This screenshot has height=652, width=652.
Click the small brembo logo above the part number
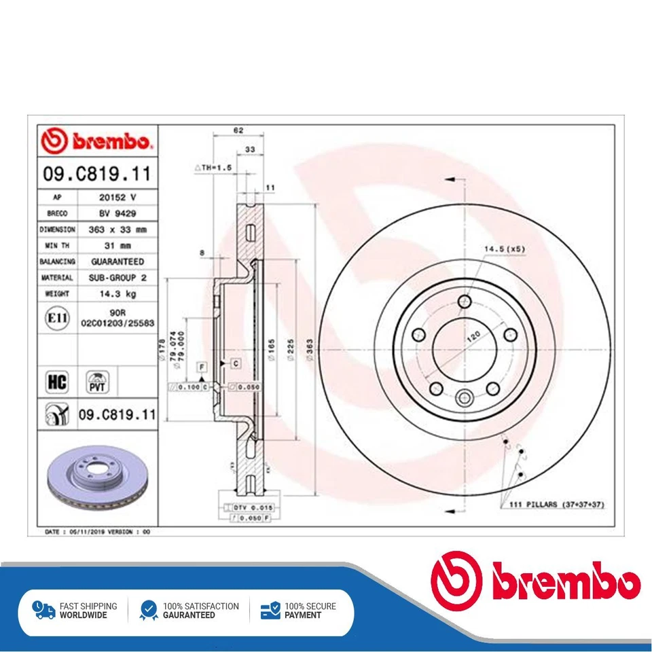[96, 141]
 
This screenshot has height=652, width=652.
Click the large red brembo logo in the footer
[536, 583]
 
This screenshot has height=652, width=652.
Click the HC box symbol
[56, 382]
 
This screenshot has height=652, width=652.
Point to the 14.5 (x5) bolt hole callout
[504, 249]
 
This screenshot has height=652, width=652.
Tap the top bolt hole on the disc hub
[465, 302]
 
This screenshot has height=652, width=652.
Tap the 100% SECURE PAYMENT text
[310, 611]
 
